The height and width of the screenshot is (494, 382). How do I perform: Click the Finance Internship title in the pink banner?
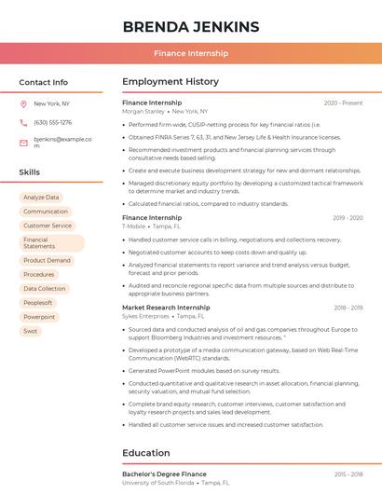[x=190, y=53]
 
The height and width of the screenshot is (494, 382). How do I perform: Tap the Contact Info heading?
[x=44, y=82]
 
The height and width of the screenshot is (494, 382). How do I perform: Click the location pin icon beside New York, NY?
[x=23, y=103]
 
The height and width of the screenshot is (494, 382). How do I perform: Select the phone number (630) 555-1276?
[x=52, y=122]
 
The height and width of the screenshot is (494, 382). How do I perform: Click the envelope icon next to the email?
[x=23, y=143]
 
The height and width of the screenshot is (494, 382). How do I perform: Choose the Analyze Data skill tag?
[x=41, y=198]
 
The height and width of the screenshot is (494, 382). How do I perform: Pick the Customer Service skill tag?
[x=48, y=226]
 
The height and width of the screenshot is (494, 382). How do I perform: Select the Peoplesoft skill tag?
[x=38, y=303]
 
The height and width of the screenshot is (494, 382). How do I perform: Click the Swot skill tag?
[x=31, y=331]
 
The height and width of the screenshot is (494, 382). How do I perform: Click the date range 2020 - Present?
[x=343, y=103]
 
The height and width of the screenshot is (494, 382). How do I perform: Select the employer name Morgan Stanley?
[x=143, y=112]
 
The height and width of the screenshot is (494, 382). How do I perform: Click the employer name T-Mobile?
[x=134, y=226]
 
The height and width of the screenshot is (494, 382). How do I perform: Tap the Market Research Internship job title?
[x=166, y=308]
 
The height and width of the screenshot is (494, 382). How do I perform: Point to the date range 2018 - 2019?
[x=348, y=308]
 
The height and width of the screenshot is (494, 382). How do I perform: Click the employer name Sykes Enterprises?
[x=146, y=317]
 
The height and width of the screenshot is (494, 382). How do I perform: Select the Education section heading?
[x=145, y=453]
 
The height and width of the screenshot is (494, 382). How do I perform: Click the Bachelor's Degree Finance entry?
[x=164, y=474]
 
